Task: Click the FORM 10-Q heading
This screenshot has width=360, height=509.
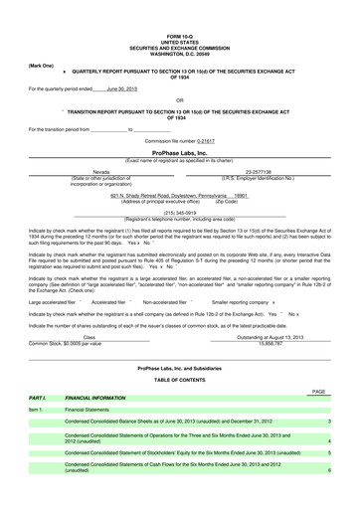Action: pos(180,36)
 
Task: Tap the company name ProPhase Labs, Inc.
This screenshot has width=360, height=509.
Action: pos(179,153)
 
